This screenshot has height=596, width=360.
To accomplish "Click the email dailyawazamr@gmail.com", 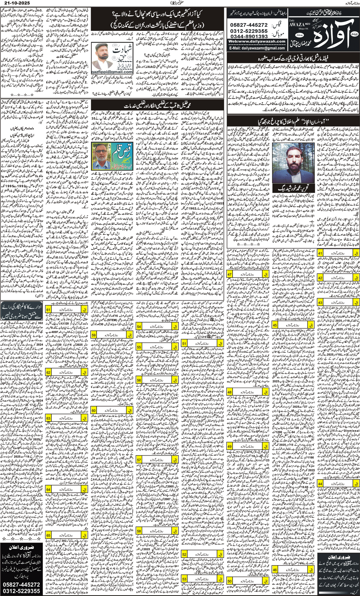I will (x=257, y=48).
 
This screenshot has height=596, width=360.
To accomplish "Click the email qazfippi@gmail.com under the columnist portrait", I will (x=111, y=72).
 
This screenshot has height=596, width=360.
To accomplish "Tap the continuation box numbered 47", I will (x=248, y=275).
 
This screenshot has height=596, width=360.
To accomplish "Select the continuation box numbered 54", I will (x=157, y=326).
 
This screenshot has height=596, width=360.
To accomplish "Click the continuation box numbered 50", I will (x=248, y=581).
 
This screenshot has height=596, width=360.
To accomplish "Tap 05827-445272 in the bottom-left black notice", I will (x=21, y=584).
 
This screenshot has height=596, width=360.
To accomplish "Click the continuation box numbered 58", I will (x=157, y=531).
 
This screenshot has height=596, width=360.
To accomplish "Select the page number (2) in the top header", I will (x=173, y=3).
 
